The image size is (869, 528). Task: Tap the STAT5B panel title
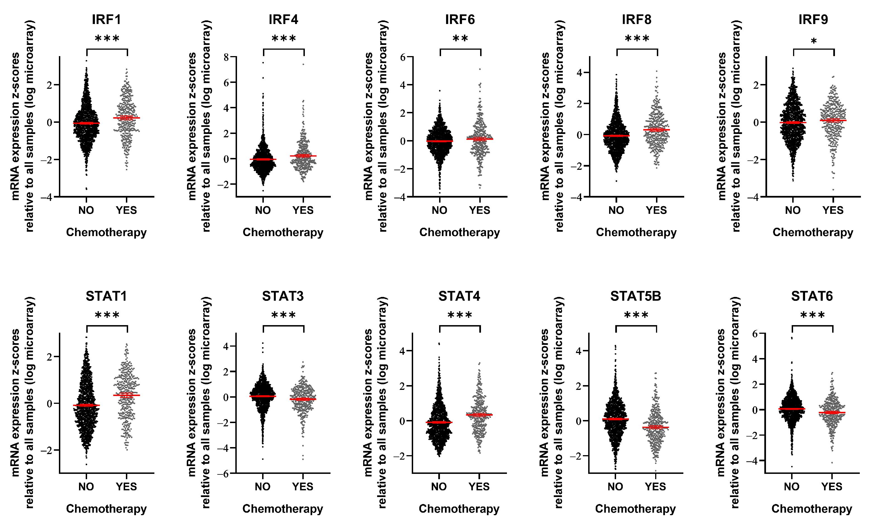coord(636,296)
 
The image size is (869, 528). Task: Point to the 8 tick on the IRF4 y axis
coord(226,57)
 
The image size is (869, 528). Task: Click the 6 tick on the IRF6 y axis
coord(403,57)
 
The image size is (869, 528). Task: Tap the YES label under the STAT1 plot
coord(126,487)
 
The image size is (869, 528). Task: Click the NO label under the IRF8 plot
coord(616,210)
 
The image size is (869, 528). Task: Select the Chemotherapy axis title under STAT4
coord(459,509)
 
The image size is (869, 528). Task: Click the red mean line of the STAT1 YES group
coord(126,395)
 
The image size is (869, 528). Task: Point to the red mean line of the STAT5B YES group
coord(655,427)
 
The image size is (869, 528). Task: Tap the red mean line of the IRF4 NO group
coord(263,159)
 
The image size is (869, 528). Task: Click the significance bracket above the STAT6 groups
coord(812,326)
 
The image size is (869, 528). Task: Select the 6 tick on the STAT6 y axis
coord(755,334)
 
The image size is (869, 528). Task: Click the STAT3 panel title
coord(283,296)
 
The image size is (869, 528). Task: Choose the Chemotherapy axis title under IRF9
coord(813,232)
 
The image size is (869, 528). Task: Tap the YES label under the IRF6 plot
coord(479,210)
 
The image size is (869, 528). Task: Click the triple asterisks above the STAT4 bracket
coord(459,315)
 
